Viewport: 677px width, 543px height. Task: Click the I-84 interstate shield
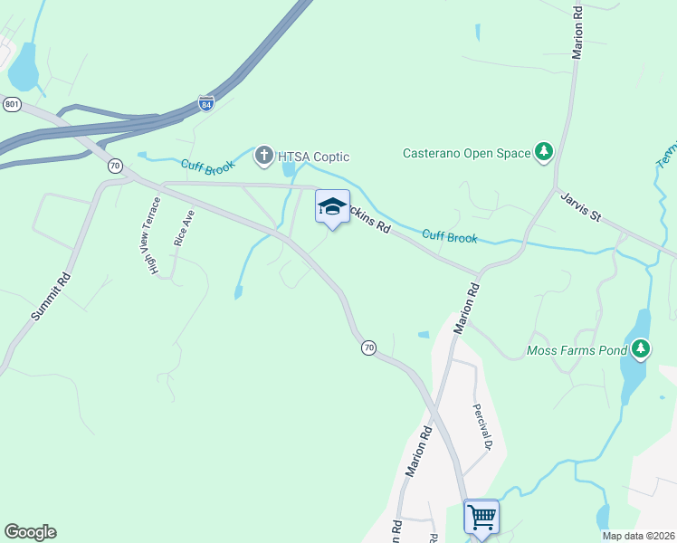(206, 104)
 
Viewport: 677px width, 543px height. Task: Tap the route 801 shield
(12, 104)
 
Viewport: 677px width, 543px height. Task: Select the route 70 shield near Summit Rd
(115, 166)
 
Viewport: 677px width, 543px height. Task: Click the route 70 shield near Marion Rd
(368, 348)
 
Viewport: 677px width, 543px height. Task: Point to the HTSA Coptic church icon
(264, 157)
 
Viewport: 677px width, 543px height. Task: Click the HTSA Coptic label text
(313, 157)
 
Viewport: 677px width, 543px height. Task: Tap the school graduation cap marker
(332, 208)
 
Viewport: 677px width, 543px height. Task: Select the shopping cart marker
(482, 519)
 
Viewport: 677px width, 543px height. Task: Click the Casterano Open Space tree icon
(544, 152)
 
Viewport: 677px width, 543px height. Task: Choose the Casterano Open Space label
(466, 153)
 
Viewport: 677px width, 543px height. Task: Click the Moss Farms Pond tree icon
(641, 348)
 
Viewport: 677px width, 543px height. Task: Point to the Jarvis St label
(580, 206)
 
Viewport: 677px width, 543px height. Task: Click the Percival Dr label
(481, 426)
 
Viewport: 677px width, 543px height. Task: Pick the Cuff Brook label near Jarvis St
(450, 237)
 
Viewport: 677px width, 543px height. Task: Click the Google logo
(30, 532)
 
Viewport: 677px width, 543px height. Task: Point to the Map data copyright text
(638, 535)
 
